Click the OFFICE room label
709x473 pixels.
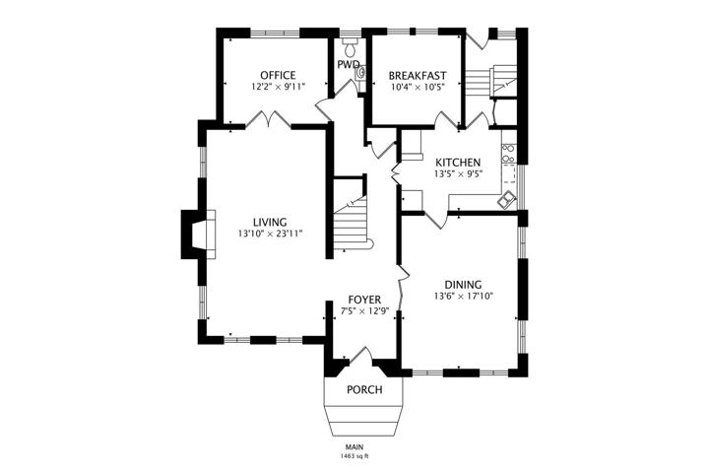[278, 75]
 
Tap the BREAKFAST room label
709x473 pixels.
[418, 76]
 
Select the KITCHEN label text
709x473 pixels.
[458, 162]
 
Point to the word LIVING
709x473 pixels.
[270, 223]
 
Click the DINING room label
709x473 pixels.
[463, 285]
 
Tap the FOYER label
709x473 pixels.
[364, 300]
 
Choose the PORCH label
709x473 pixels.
[364, 389]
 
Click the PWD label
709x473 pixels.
[349, 64]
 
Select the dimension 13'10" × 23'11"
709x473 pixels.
[270, 234]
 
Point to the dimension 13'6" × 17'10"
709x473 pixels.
[463, 297]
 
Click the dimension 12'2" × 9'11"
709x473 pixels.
[279, 87]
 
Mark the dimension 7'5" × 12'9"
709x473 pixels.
[364, 311]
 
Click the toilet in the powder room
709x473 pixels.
[351, 46]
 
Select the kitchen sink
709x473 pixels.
[506, 200]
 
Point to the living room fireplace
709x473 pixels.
[198, 235]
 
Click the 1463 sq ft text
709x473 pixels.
[354, 456]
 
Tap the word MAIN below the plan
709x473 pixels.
[354, 446]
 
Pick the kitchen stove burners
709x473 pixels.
[508, 153]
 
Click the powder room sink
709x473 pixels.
[360, 73]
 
